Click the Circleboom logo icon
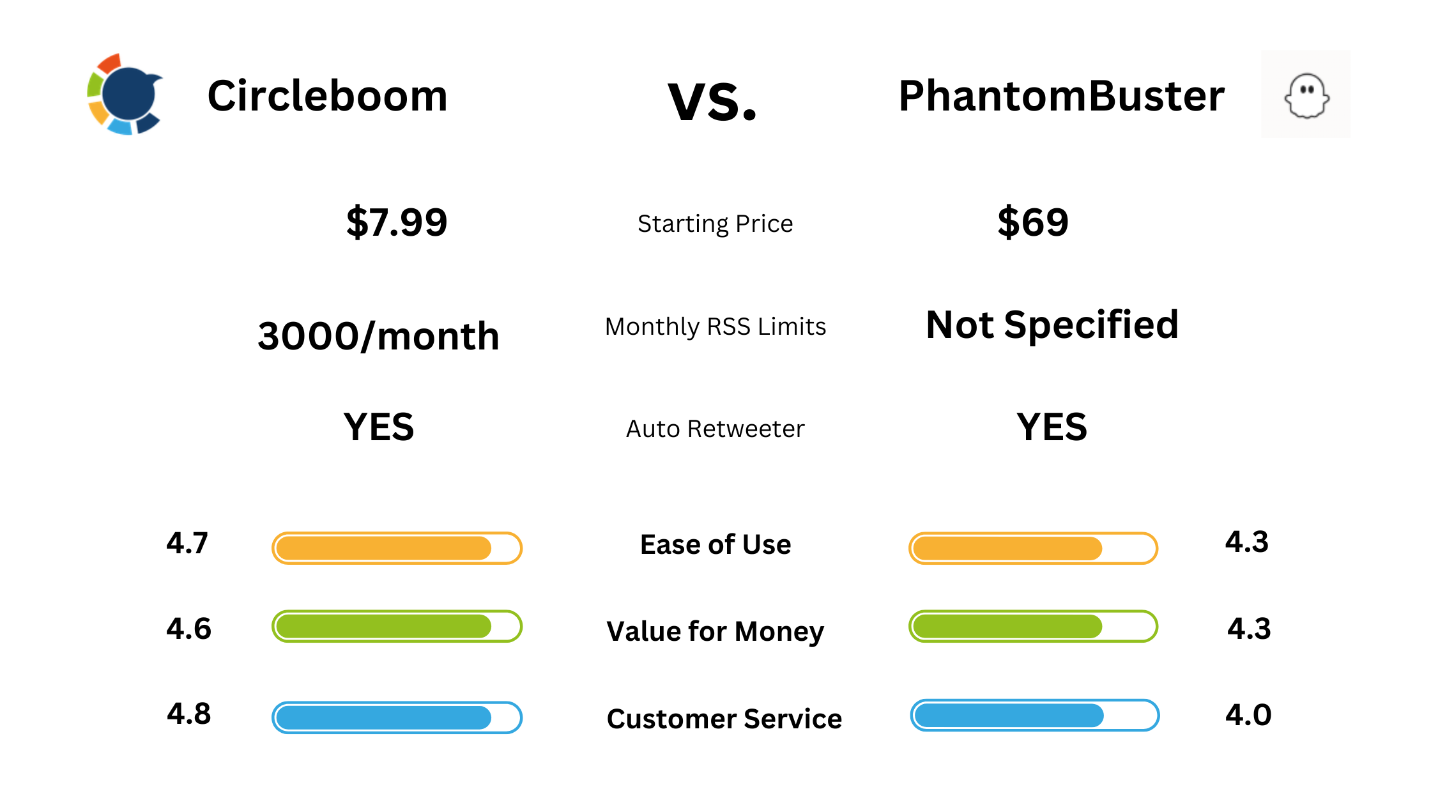tap(125, 95)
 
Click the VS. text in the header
tap(712, 101)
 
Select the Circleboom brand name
tap(327, 96)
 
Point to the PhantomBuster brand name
tap(1061, 96)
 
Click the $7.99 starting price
tap(397, 222)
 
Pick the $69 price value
tap(1033, 222)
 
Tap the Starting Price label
tap(715, 224)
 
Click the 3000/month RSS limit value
tap(378, 336)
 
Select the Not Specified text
tap(1052, 325)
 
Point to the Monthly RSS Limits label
tap(715, 326)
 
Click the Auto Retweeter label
tap(715, 429)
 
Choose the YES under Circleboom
tap(378, 427)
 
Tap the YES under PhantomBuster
tap(1052, 427)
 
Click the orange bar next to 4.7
tap(397, 548)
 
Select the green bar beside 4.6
tap(397, 626)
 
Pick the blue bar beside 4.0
tap(1034, 715)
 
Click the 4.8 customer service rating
tap(188, 714)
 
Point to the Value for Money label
tap(715, 631)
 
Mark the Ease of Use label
tap(715, 544)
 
